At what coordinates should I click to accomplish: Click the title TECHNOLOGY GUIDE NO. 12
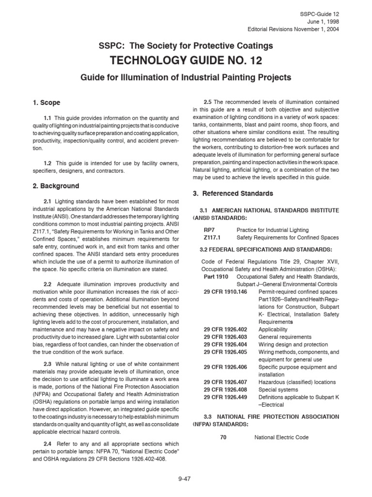186,61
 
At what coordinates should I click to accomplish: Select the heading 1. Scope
46,102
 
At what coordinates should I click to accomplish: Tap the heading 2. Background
55,186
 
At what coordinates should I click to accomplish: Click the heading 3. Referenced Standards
233,193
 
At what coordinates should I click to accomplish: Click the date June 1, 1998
325,21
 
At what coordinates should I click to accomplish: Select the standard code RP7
210,229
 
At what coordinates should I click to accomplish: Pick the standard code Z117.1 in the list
212,237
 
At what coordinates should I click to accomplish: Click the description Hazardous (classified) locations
296,381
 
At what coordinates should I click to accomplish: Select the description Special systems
279,389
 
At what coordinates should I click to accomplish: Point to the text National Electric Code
282,437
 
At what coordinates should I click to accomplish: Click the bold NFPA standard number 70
223,437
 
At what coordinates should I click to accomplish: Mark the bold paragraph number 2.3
47,364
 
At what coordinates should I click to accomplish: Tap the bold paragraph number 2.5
207,101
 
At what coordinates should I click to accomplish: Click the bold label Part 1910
216,276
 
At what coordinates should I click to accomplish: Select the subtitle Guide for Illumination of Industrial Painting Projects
186,77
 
